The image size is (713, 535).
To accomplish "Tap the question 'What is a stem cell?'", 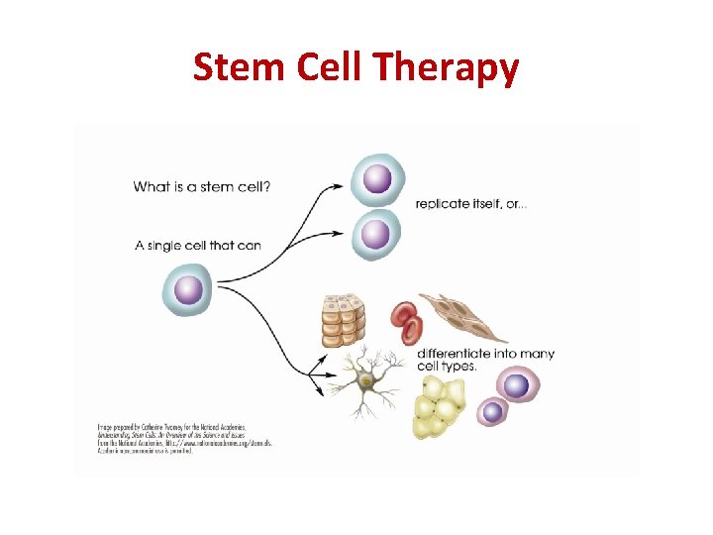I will (x=202, y=186).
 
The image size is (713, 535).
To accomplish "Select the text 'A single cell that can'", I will (x=198, y=245).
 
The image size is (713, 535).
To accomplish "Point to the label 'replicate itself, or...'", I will (x=471, y=204).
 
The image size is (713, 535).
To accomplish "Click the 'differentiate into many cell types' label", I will (x=485, y=359).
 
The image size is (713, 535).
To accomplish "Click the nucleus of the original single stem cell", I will (x=188, y=290).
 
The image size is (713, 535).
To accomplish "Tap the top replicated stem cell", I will (x=376, y=179).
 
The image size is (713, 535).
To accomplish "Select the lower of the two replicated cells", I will (x=375, y=234).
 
